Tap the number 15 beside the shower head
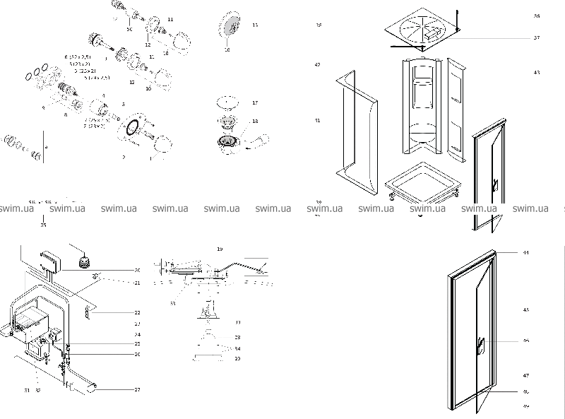point(255,25)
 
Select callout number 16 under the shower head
point(227,50)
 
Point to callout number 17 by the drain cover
point(255,102)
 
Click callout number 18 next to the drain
point(255,122)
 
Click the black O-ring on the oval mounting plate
point(131,128)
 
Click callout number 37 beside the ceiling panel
point(536,37)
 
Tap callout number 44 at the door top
point(525,252)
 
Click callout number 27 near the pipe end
point(137,389)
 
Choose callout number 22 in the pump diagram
point(137,312)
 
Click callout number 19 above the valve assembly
point(220,249)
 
